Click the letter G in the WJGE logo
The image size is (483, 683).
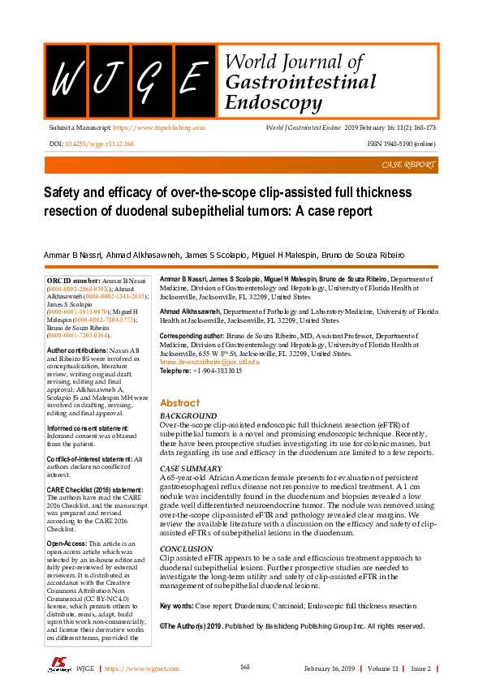click(149, 79)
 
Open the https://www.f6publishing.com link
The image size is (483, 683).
click(158, 128)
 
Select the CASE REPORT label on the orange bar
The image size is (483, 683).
click(408, 165)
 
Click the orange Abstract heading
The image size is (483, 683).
click(179, 403)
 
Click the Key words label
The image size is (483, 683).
click(176, 606)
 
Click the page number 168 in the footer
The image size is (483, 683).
click(244, 667)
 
